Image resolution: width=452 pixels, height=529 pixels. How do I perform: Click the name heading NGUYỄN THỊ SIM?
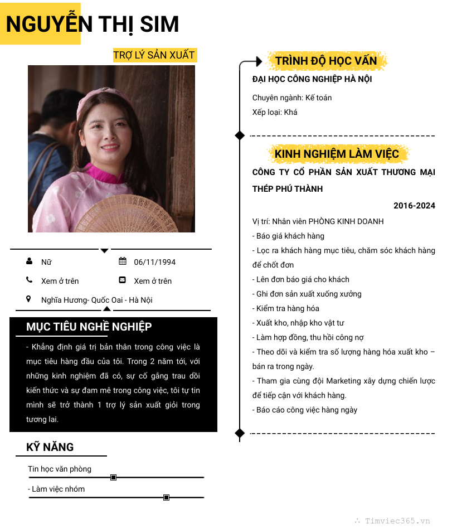[93, 25]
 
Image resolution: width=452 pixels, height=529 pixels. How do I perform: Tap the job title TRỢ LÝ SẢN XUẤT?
[154, 55]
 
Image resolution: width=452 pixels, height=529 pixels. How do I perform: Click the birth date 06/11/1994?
[154, 262]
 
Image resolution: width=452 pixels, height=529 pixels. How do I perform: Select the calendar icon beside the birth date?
[123, 261]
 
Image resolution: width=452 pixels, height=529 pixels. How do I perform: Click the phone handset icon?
[29, 280]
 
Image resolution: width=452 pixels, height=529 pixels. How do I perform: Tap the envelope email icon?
[123, 280]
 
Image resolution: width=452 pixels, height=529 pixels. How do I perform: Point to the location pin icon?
[29, 299]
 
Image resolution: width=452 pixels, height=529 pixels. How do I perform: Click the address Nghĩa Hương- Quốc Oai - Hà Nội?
[96, 300]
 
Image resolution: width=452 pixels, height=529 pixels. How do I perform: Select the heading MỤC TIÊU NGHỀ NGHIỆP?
[89, 327]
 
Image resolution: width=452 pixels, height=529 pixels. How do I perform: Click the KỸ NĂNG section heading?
[50, 447]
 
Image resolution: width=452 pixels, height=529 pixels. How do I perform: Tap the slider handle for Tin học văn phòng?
[113, 477]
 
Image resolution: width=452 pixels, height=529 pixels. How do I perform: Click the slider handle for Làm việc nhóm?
[166, 497]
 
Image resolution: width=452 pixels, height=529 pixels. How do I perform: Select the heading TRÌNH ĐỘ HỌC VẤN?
[326, 61]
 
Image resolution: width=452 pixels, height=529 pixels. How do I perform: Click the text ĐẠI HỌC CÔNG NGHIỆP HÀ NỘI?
[312, 79]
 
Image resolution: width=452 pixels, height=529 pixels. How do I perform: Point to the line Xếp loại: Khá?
[275, 112]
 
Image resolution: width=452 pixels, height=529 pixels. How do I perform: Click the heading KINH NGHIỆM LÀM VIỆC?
[337, 154]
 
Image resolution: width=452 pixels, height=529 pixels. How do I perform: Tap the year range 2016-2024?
[414, 206]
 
